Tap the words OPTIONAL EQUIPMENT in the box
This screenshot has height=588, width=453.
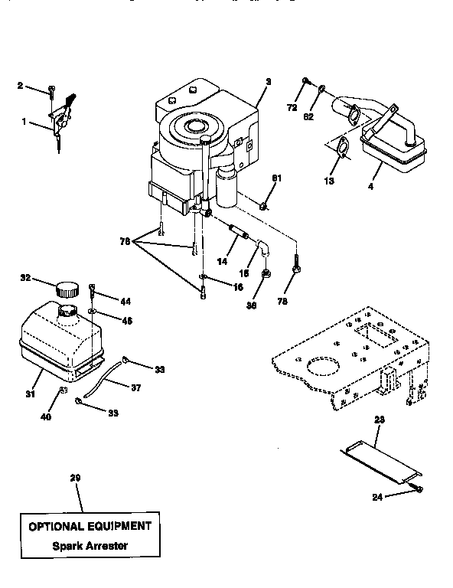point(90,527)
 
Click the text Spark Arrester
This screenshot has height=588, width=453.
point(90,546)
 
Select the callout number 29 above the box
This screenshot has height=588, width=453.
point(75,479)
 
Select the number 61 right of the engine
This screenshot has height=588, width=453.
point(276,178)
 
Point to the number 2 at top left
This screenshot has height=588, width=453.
point(20,86)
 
